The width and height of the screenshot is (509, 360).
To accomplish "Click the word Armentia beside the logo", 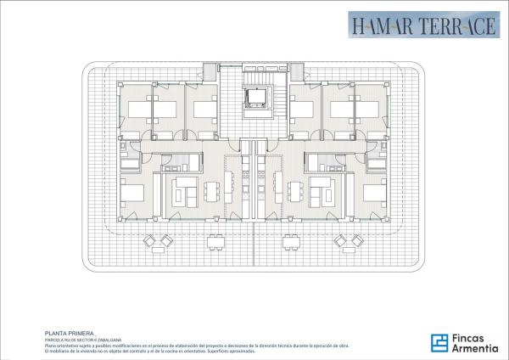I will click(474, 349).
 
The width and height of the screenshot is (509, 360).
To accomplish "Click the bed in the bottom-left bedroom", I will click(134, 192).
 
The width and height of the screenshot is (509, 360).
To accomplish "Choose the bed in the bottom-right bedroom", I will click(375, 192).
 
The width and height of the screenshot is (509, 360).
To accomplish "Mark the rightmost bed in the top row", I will click(373, 110).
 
